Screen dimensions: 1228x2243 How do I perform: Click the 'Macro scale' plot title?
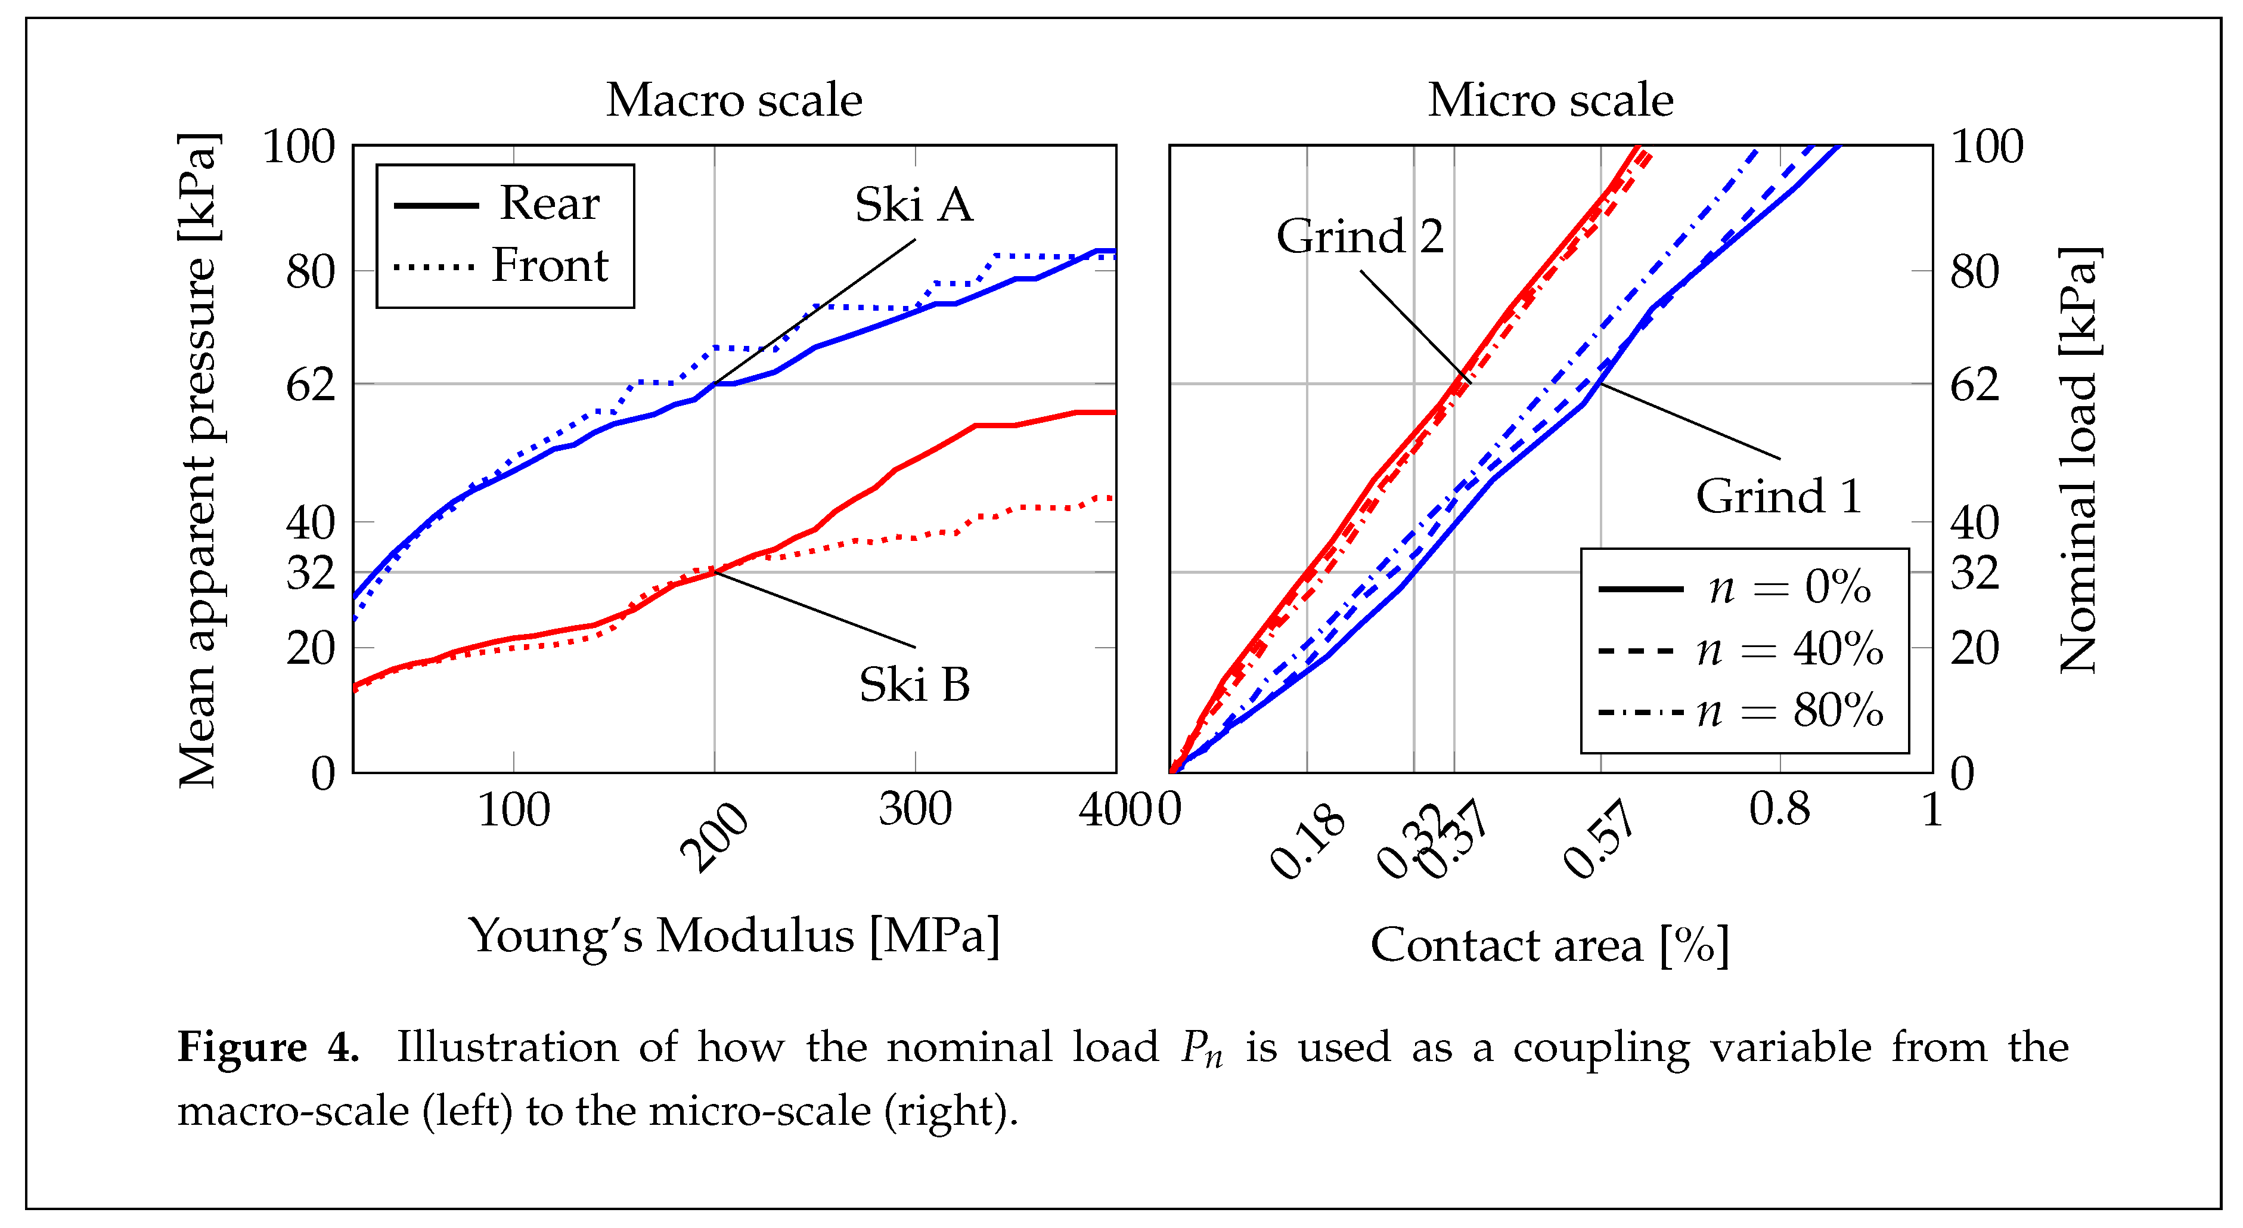(734, 100)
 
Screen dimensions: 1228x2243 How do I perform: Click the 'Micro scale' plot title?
(1550, 100)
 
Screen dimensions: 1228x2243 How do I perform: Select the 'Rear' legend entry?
(548, 204)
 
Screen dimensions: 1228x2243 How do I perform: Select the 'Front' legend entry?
(548, 265)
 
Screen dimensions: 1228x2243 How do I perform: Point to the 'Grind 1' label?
(1778, 496)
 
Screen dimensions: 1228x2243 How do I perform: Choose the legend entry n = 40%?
(1789, 649)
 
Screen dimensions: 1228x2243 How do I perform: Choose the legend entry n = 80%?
(1789, 712)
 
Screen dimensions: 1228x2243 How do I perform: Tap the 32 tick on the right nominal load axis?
(1974, 573)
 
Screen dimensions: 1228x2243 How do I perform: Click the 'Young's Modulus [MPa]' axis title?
(734, 936)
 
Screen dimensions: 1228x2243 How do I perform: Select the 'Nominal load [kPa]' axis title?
(2079, 459)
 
